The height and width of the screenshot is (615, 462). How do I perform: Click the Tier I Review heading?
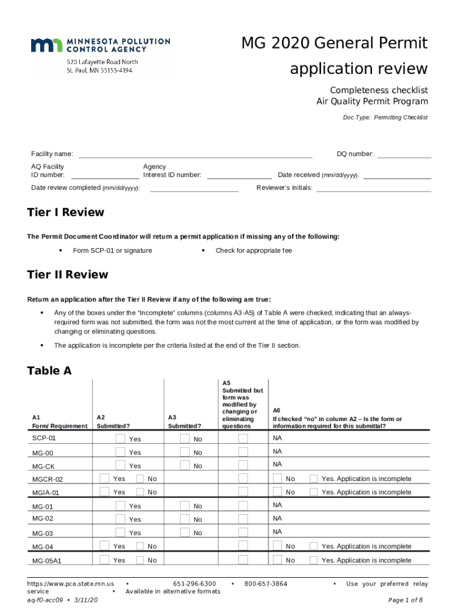point(65,213)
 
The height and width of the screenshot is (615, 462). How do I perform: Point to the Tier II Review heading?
point(67,275)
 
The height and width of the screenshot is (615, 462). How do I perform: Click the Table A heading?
point(49,371)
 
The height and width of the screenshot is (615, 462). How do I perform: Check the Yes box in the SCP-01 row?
point(121,439)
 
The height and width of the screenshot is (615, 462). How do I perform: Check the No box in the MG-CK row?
point(185,465)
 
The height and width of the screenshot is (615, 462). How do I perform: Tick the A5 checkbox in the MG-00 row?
point(243,452)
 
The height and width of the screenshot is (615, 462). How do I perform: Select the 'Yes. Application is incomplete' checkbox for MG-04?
point(313,546)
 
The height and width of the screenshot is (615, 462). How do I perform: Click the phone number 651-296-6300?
point(194,584)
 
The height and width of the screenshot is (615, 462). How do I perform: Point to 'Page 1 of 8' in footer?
point(406,600)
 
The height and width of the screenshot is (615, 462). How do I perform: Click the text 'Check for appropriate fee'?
point(254,250)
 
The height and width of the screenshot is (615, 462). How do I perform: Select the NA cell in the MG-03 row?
point(277,532)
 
